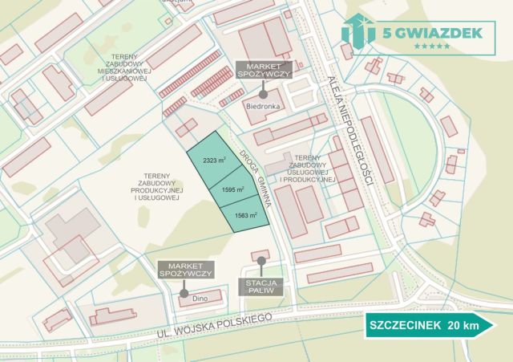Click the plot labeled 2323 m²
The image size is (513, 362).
coord(213,161)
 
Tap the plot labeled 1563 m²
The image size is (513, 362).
coord(245,214)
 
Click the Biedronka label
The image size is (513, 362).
coord(261,105)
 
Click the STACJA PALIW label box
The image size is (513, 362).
coord(261,287)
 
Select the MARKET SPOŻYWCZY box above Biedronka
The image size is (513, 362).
coord(263,69)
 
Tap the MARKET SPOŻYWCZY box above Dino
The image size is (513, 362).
coord(185,270)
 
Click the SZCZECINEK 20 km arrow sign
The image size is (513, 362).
coord(430,326)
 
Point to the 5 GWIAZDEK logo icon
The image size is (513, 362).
coord(357,31)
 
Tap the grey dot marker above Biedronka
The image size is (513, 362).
coord(262,93)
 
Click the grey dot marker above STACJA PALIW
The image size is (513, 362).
coord(261,262)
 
